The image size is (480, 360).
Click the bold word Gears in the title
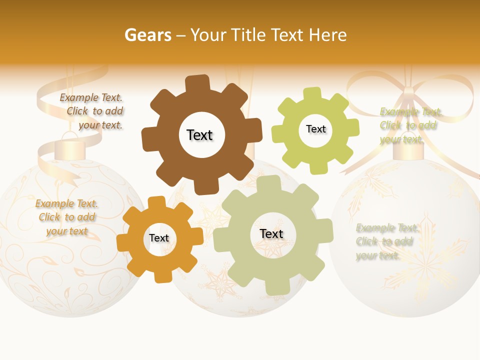(x=147, y=35)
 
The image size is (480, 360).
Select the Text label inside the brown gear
(x=199, y=135)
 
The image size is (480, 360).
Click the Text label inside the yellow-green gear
(x=315, y=129)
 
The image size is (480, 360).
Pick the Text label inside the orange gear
(x=159, y=238)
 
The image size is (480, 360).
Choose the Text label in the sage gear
(x=271, y=233)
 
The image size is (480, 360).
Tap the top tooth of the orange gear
(x=156, y=202)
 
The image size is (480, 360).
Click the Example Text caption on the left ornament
(x=66, y=217)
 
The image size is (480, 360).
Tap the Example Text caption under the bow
(x=410, y=125)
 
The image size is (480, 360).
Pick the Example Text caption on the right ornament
(x=386, y=241)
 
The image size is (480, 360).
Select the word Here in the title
(x=327, y=35)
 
